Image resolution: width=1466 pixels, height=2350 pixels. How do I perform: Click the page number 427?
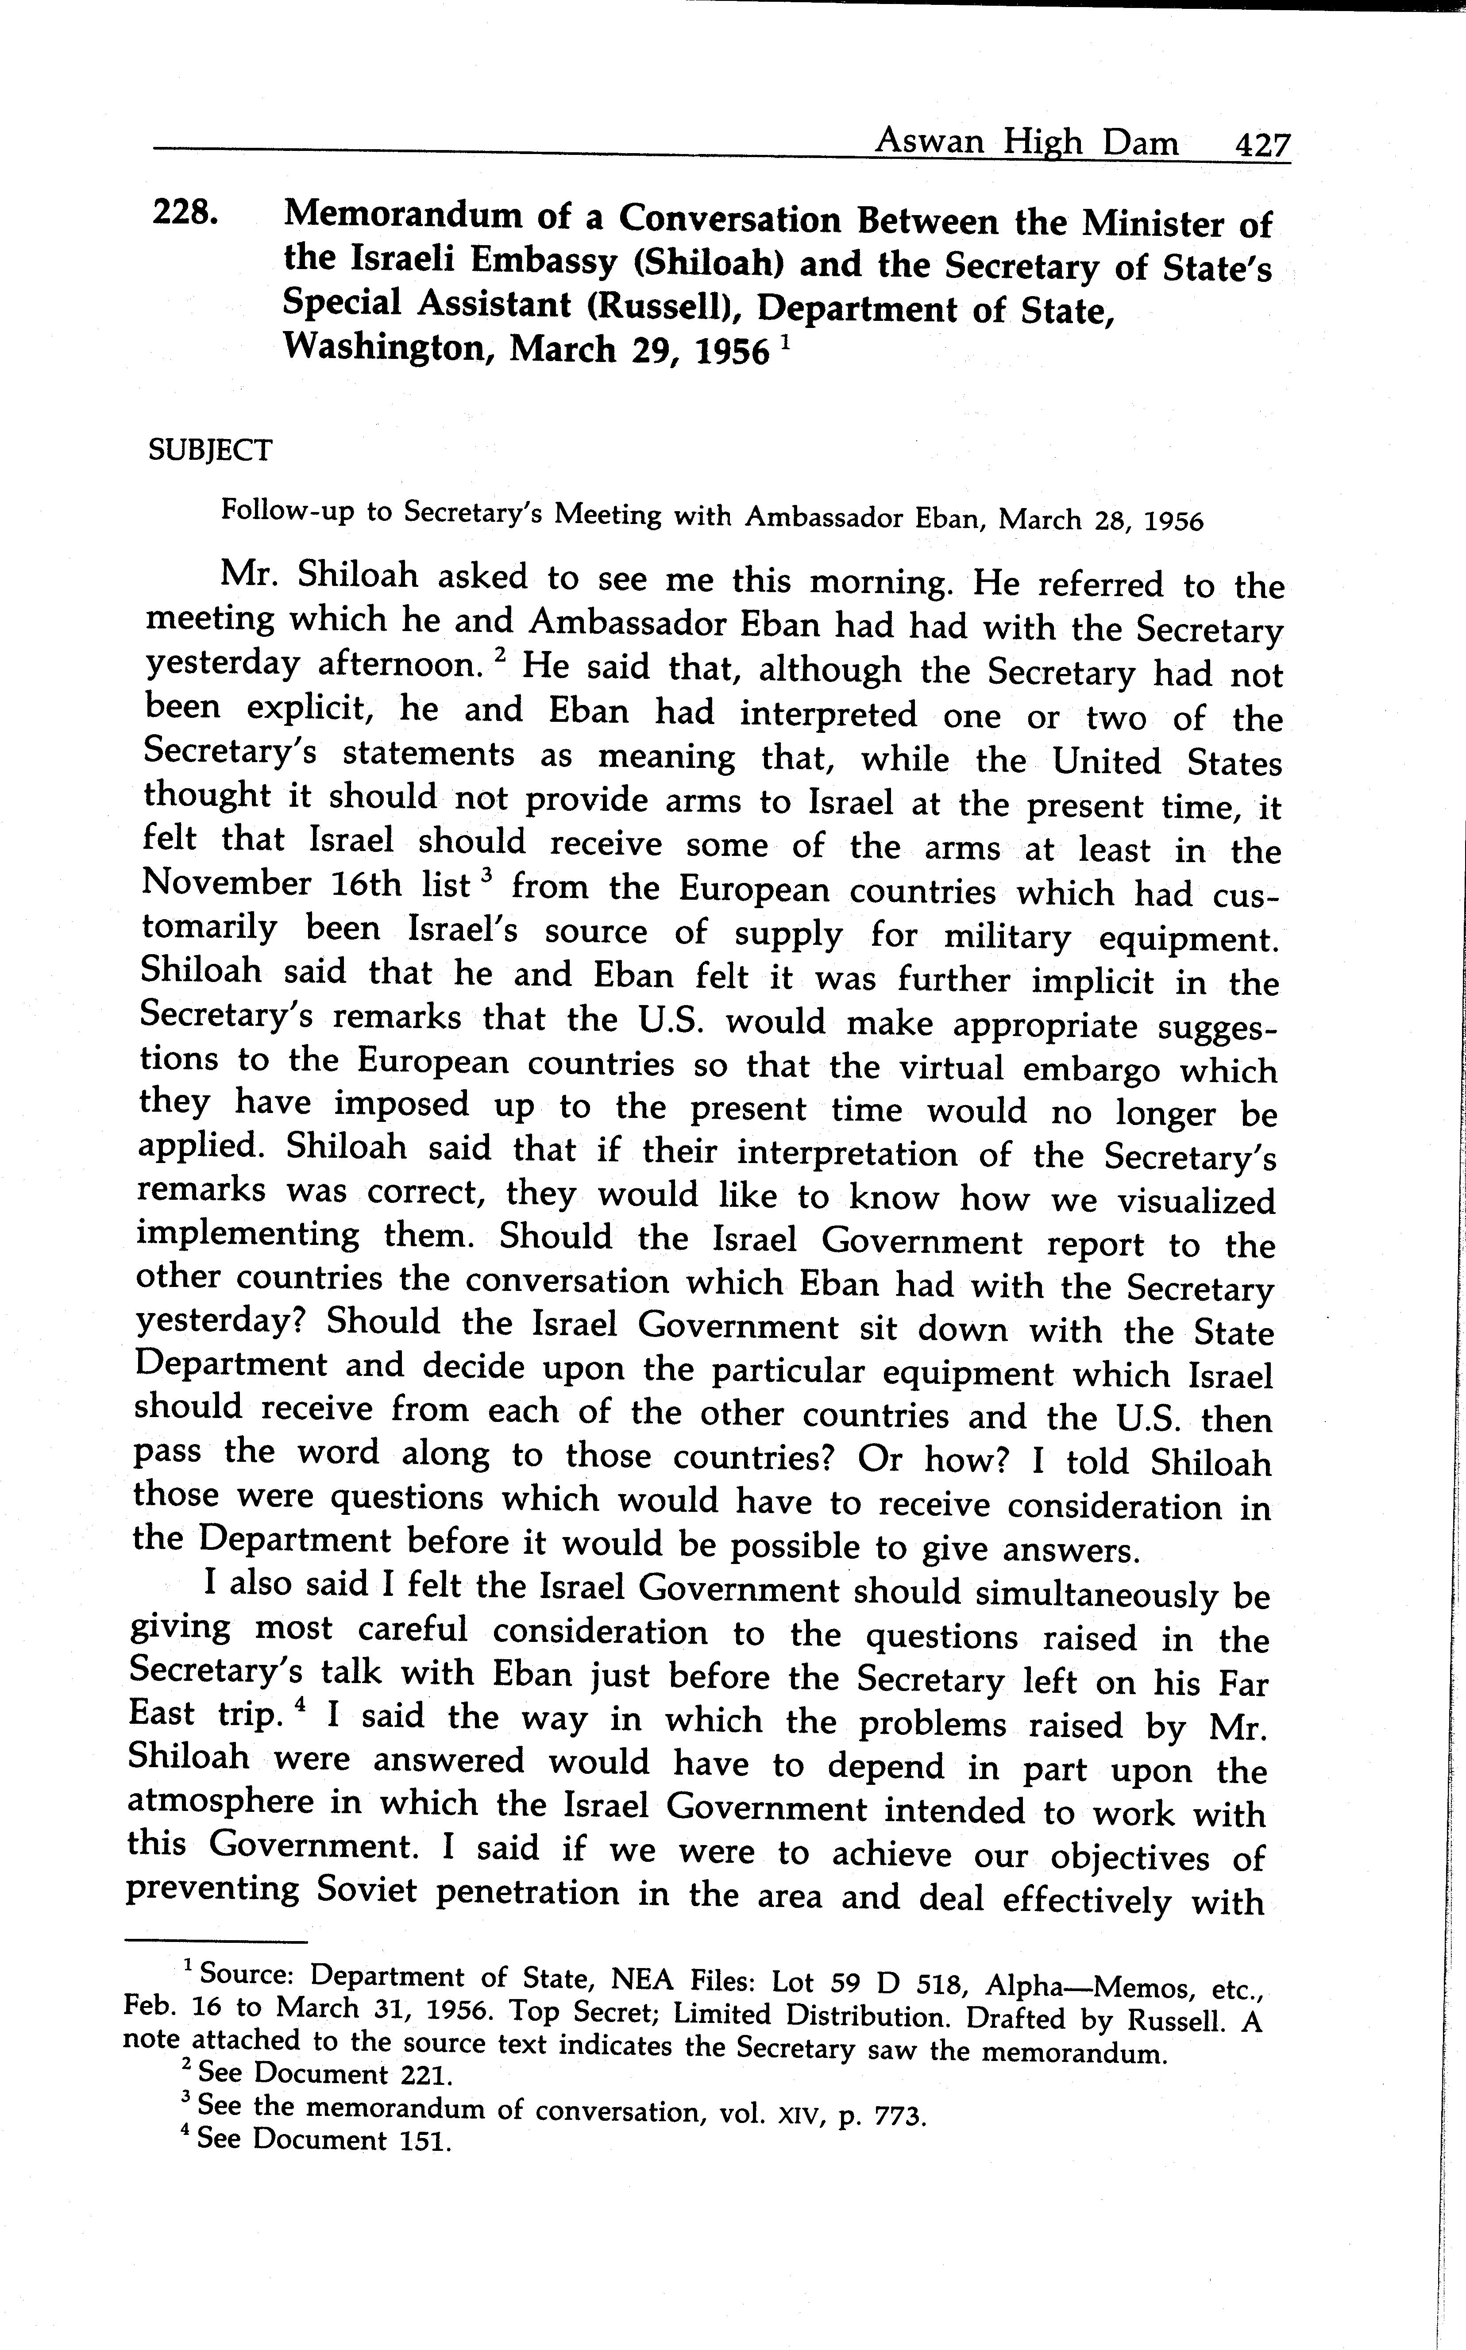click(1261, 146)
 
